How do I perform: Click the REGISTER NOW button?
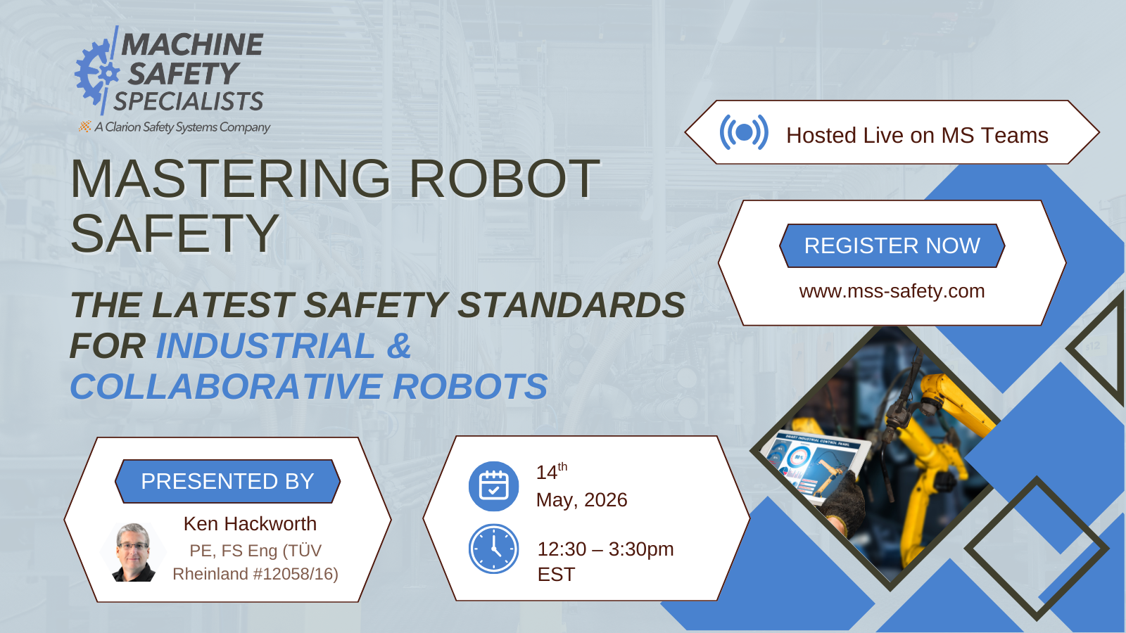892,245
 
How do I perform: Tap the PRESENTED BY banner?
227,481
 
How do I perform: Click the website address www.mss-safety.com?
892,291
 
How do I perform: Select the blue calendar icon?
493,486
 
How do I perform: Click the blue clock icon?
493,549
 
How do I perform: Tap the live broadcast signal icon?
743,132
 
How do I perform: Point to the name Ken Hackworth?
250,524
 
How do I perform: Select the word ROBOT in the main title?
504,179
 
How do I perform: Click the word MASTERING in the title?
230,179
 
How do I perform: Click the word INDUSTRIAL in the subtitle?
265,346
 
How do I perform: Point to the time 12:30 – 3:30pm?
605,549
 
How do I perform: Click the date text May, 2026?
581,500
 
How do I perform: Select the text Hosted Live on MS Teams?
917,135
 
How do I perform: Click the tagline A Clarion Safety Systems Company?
182,127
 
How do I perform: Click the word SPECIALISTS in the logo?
189,102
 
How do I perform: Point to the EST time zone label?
556,575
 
